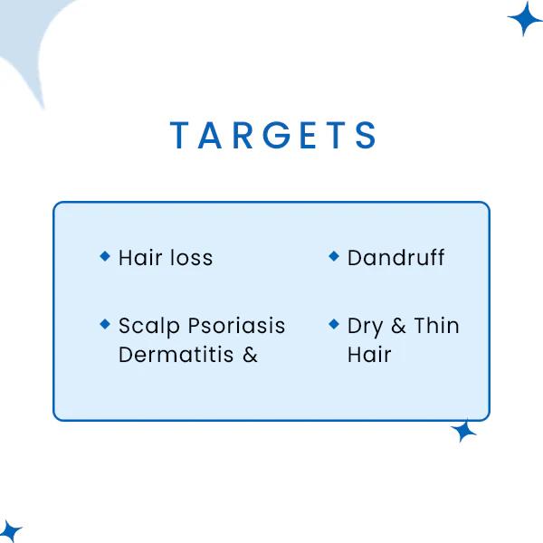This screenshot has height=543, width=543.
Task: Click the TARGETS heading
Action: (273, 136)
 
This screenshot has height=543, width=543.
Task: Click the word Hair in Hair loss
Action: (138, 258)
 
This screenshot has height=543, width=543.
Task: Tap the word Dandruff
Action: (395, 258)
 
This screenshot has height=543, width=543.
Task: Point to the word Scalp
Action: (149, 327)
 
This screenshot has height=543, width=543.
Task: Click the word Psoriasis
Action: (236, 327)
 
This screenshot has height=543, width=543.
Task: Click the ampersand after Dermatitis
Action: (250, 355)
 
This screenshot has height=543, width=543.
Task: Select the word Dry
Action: (365, 327)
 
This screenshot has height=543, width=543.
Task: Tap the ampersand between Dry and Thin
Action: (398, 327)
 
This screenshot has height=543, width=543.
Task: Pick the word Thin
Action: (436, 326)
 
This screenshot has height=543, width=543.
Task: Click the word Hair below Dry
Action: (368, 355)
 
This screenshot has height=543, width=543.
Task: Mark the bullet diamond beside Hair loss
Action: (105, 257)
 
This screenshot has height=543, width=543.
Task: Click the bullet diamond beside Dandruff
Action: (334, 257)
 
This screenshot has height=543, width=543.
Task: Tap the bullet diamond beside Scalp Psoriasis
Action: (105, 323)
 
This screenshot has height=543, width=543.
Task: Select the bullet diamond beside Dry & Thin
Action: (334, 323)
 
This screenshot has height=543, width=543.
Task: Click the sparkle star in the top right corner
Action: (524, 18)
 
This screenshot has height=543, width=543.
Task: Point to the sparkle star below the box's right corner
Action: (464, 431)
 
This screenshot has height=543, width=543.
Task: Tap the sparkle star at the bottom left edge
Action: (9, 530)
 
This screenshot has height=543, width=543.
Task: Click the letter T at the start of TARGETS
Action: (178, 136)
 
